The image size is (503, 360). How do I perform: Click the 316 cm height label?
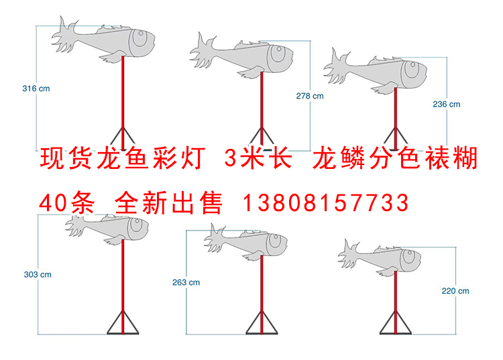pyautogui.click(x=36, y=88)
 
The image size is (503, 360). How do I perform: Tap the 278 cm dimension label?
pyautogui.click(x=309, y=96)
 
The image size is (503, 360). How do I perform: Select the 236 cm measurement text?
pyautogui.click(x=446, y=104)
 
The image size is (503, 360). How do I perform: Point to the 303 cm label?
pyautogui.click(x=37, y=274)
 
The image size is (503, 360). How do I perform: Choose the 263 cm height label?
pyautogui.click(x=186, y=282)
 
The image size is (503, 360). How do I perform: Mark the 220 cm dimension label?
pyautogui.click(x=455, y=290)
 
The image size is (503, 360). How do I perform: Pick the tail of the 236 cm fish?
pyautogui.click(x=338, y=64)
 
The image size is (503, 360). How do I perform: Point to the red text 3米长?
pyautogui.click(x=258, y=160)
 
